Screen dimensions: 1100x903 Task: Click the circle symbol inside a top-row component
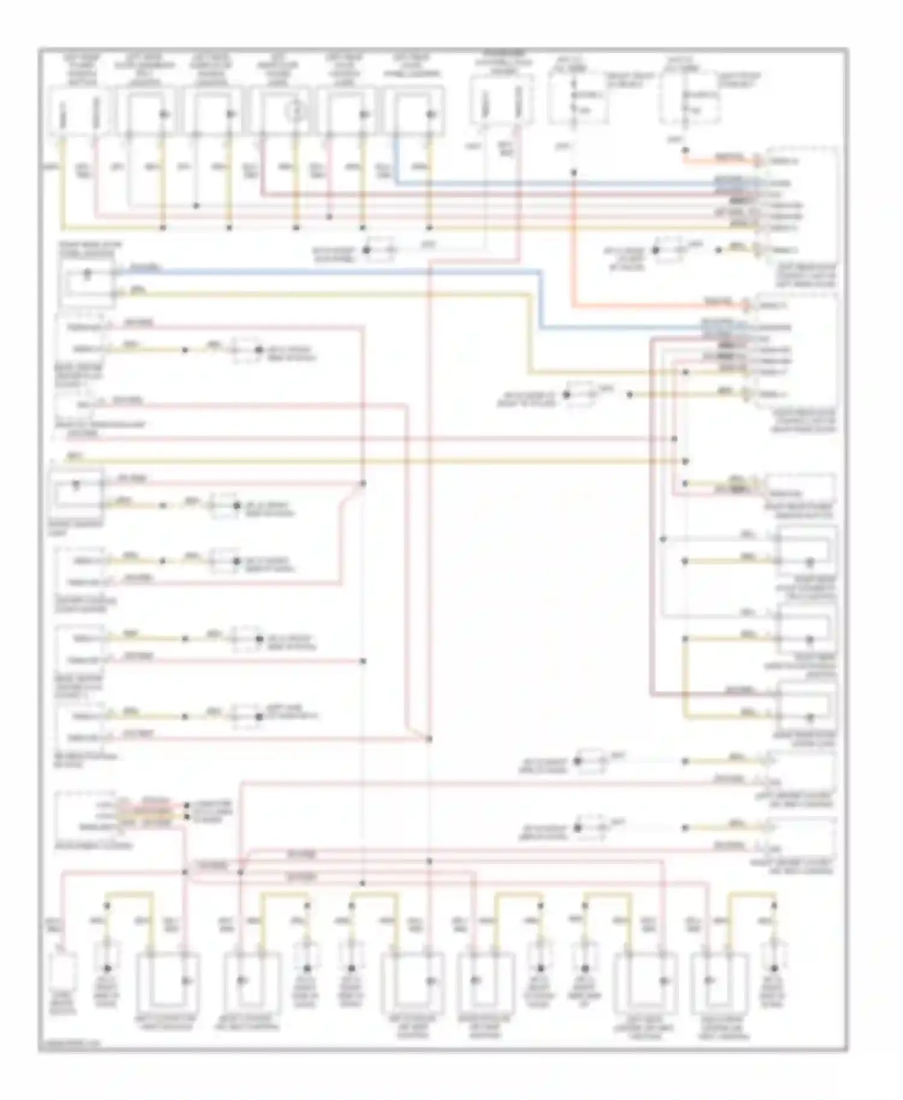tap(294, 111)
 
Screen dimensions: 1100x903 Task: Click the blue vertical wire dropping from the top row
tap(396, 159)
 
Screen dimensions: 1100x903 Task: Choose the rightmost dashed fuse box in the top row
tap(690, 99)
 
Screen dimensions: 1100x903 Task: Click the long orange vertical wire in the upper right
tap(574, 241)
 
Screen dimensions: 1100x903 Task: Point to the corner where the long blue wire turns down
tap(539, 273)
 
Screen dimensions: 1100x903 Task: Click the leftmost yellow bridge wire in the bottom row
tap(129, 895)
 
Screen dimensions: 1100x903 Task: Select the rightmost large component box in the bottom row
tap(721, 981)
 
